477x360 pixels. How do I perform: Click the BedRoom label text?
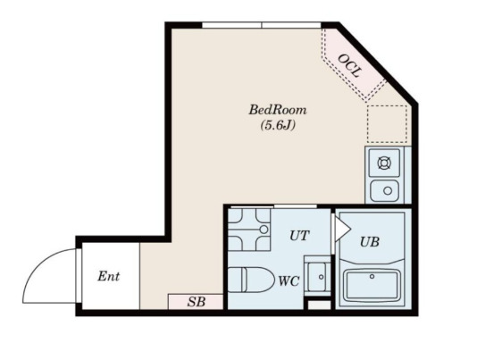click(278, 110)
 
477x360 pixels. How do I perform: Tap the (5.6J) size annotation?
click(278, 125)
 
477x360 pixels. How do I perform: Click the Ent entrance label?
click(109, 276)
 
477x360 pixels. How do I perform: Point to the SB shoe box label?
click(197, 302)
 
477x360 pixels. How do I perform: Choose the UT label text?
click(299, 235)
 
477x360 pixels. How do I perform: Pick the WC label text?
click(289, 281)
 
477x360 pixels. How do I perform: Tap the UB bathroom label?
click(370, 242)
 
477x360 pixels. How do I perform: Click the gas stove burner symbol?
click(384, 163)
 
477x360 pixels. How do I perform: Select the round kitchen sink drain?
click(388, 191)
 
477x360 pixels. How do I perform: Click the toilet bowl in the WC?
click(250, 280)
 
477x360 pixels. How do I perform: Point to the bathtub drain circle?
click(372, 276)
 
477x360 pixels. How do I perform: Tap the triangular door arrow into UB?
click(342, 228)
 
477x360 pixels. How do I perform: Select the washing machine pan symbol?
click(249, 230)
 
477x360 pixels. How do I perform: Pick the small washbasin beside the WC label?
click(318, 276)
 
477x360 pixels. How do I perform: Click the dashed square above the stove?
click(387, 124)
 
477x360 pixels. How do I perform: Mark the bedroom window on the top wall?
click(262, 25)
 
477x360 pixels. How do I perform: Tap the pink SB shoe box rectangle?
click(196, 302)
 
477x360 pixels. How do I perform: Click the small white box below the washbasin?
click(319, 305)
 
